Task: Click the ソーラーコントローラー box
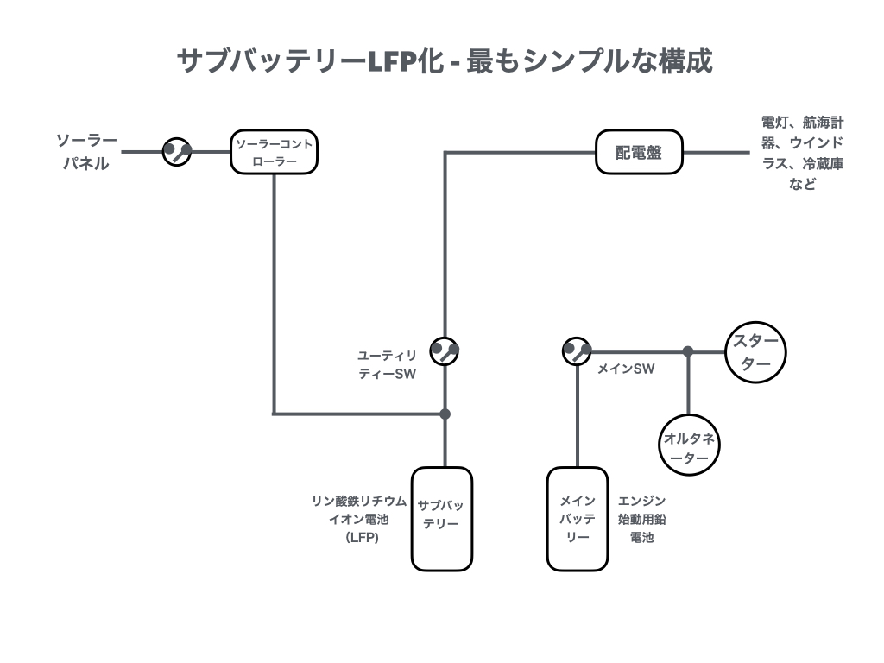[275, 152]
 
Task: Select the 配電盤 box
[640, 152]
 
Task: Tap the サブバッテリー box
[442, 519]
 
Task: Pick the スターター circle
[755, 351]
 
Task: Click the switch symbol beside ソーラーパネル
[177, 152]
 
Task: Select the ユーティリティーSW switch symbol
[445, 350]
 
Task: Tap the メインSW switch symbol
[576, 350]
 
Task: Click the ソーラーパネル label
[86, 152]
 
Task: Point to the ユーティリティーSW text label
[388, 364]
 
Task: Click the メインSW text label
[626, 369]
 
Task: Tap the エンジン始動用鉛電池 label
[641, 519]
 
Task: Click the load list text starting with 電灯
[802, 152]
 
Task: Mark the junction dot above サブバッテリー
[445, 414]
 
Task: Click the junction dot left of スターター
[688, 351]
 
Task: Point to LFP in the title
[394, 62]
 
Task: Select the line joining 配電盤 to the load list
[717, 152]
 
